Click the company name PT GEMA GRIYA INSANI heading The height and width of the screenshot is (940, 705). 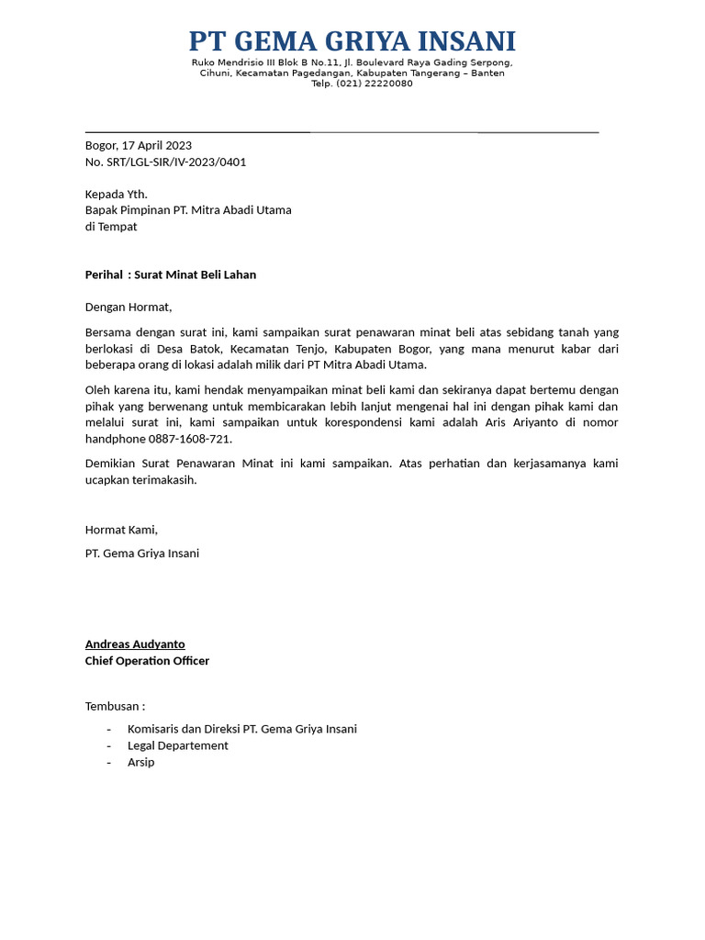(352, 41)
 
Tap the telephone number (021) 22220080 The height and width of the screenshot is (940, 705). (375, 84)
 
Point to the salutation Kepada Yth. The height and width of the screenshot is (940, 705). (116, 194)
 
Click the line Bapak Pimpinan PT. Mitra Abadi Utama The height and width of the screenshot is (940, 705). (188, 210)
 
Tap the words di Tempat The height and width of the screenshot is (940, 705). (111, 227)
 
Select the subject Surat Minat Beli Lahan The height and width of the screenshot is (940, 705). (196, 274)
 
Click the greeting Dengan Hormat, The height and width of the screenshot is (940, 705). (129, 307)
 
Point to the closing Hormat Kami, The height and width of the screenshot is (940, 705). (121, 530)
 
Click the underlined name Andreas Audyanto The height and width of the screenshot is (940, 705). (135, 644)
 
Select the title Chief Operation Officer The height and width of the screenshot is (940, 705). (147, 661)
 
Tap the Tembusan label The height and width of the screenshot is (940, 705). (115, 706)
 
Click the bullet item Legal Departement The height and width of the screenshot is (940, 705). (178, 745)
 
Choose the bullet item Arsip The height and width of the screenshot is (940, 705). (141, 762)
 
